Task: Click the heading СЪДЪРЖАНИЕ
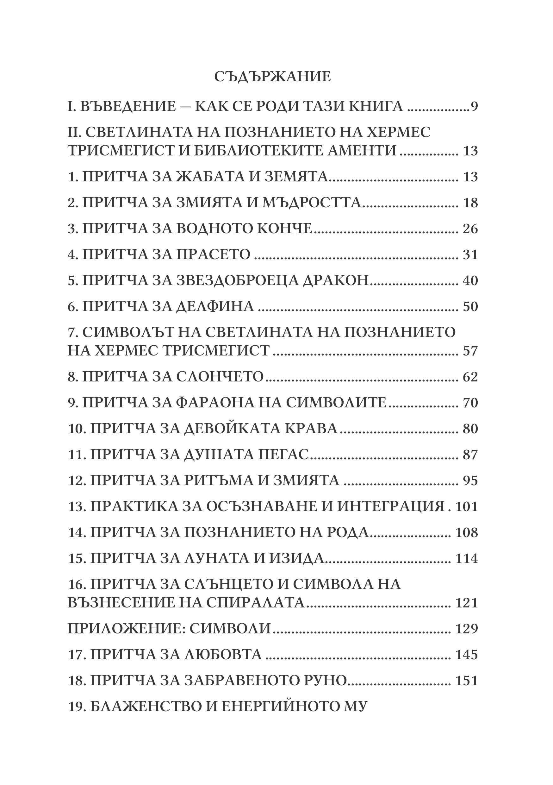tap(272, 77)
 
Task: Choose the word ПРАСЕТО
tap(213, 255)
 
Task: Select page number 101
tap(467, 507)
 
